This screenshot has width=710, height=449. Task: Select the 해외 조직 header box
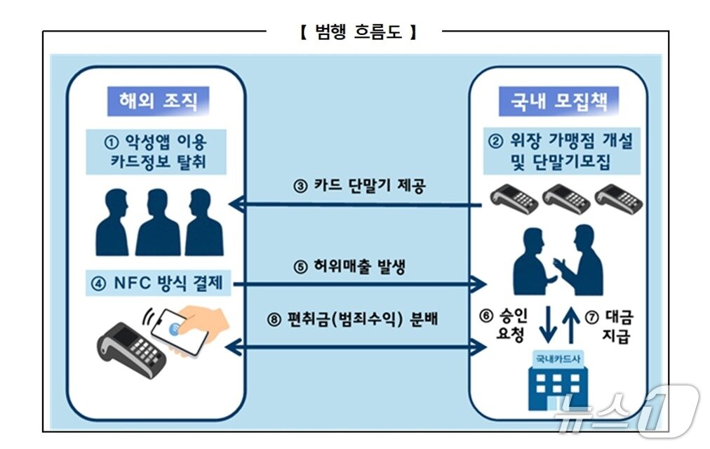153,100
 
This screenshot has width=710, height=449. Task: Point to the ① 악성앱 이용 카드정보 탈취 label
156,152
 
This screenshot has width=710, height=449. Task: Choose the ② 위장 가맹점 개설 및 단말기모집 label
560,152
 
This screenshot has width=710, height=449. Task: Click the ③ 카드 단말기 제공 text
359,187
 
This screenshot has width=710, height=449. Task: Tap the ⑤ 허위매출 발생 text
359,267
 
